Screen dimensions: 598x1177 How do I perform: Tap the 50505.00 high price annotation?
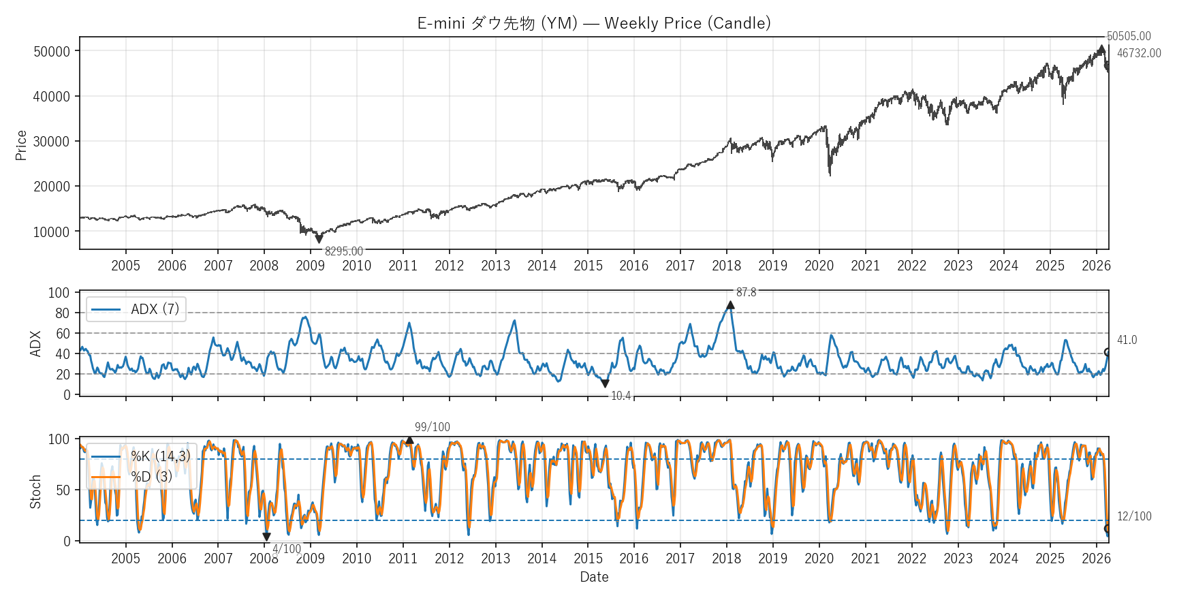[x=1129, y=36]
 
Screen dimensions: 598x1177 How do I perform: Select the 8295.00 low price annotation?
[x=343, y=251]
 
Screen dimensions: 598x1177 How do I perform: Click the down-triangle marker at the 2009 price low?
[x=319, y=239]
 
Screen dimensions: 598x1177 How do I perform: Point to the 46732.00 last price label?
[x=1139, y=53]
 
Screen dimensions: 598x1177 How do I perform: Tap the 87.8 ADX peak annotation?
[x=746, y=292]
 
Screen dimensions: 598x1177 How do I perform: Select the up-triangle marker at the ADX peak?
[x=730, y=305]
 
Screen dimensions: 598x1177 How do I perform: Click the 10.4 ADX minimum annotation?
[x=621, y=396]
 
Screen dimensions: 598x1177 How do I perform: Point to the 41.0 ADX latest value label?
[x=1127, y=340]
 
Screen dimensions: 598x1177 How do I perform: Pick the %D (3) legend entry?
[x=151, y=477]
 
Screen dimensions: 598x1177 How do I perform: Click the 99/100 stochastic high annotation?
[x=432, y=427]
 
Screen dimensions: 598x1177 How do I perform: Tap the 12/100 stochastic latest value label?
[x=1134, y=516]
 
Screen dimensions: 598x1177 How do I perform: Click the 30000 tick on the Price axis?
[x=52, y=142]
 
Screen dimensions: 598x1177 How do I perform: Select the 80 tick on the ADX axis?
[x=62, y=313]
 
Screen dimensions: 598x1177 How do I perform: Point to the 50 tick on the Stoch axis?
[x=63, y=490]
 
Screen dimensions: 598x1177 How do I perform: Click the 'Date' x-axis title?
[x=594, y=577]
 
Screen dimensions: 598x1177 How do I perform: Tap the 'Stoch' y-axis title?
[x=35, y=492]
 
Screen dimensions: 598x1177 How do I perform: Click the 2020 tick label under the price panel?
[x=819, y=266]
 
